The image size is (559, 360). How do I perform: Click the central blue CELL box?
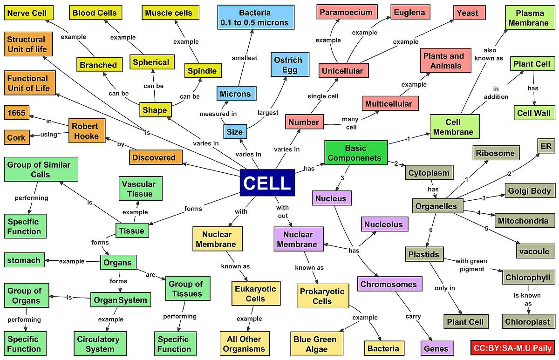[267, 183]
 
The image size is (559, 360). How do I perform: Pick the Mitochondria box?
[524, 221]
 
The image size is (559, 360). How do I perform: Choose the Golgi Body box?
[530, 190]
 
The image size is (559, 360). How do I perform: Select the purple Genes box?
[436, 348]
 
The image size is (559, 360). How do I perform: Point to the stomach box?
[24, 260]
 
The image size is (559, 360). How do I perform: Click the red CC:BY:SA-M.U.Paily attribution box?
[513, 347]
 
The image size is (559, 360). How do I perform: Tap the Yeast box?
[470, 12]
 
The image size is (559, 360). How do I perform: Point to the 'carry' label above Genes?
[413, 316]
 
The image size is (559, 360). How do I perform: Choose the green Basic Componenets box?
[356, 153]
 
